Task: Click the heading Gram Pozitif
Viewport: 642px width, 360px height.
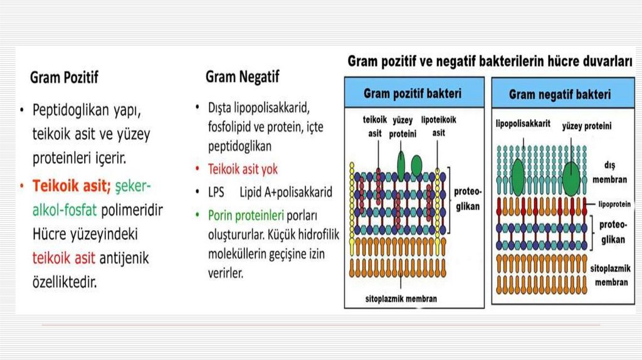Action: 64,78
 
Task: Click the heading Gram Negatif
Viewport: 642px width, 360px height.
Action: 242,77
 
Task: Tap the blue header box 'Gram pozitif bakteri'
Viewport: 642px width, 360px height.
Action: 413,93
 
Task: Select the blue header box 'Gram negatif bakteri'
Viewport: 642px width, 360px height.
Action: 559,95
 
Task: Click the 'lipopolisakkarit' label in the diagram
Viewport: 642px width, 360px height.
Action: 523,124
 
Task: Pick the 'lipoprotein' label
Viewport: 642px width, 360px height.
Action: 614,204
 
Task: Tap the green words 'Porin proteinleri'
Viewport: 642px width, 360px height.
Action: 246,216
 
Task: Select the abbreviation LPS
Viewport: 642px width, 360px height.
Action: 216,193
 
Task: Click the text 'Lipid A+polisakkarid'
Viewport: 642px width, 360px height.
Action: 285,193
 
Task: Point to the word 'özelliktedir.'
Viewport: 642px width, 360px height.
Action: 65,282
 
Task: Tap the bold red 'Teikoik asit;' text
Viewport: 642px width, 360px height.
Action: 71,186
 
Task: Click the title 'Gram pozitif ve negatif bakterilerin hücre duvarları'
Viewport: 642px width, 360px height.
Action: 490,61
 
